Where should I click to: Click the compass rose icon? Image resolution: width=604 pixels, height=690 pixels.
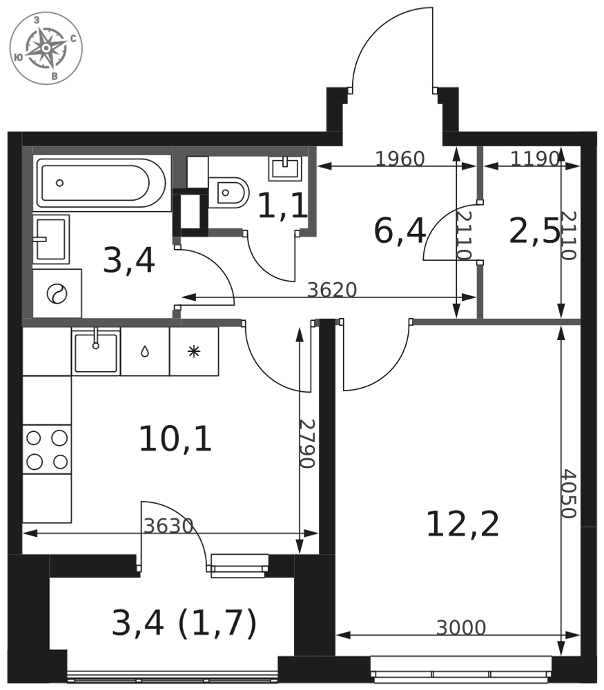pyautogui.click(x=46, y=48)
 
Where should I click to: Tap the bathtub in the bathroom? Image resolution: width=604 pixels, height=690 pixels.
pyautogui.click(x=101, y=183)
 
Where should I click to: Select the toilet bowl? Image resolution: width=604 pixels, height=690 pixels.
pyautogui.click(x=229, y=193)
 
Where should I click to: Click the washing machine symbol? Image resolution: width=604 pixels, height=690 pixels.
pyautogui.click(x=57, y=293)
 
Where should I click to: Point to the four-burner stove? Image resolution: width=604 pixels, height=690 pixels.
pyautogui.click(x=47, y=450)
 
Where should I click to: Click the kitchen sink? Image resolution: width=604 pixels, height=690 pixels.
pyautogui.click(x=96, y=352)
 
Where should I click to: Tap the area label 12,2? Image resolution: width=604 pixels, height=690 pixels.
pyautogui.click(x=462, y=524)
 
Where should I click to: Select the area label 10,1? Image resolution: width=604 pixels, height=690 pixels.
pyautogui.click(x=175, y=439)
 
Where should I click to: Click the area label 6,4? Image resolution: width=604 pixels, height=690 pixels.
pyautogui.click(x=400, y=231)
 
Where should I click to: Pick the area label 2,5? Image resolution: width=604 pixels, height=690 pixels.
pyautogui.click(x=534, y=232)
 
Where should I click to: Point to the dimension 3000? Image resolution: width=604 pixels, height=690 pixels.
pyautogui.click(x=461, y=627)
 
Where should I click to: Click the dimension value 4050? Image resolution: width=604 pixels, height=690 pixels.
pyautogui.click(x=568, y=494)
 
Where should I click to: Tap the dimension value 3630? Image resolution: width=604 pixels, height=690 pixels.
pyautogui.click(x=168, y=526)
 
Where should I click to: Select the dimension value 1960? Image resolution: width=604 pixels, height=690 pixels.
pyautogui.click(x=400, y=159)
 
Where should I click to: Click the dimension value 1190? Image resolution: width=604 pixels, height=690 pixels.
pyautogui.click(x=535, y=159)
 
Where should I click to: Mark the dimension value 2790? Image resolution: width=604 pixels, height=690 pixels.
pyautogui.click(x=307, y=443)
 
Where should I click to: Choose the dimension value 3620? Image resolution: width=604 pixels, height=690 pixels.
pyautogui.click(x=331, y=290)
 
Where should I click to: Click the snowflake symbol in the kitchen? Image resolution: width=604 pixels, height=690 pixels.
pyautogui.click(x=194, y=351)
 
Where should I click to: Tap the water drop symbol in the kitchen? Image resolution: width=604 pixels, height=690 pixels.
pyautogui.click(x=145, y=352)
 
